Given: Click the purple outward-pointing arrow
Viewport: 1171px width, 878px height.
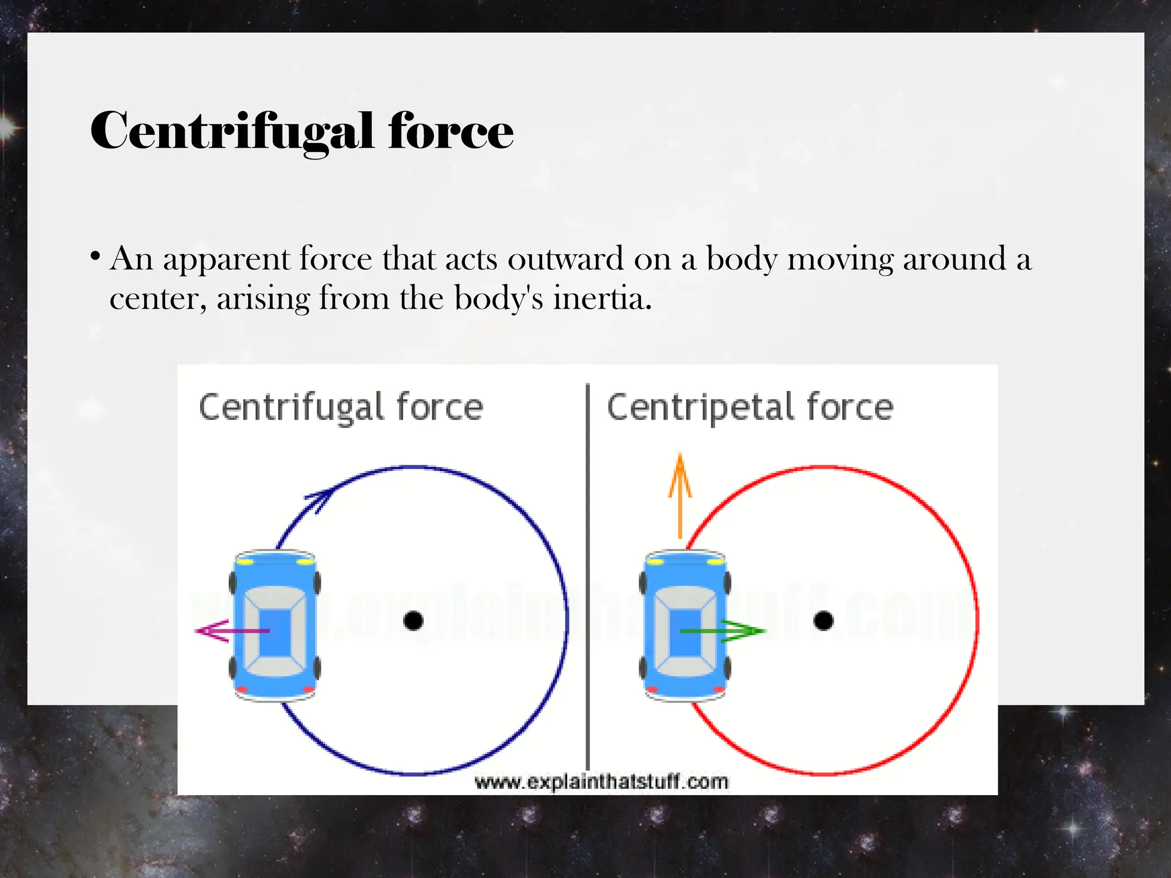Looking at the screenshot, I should (x=229, y=631).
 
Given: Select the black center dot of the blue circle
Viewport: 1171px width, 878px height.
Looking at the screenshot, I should (x=413, y=621).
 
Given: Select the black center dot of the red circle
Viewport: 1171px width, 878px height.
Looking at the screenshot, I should (x=823, y=621).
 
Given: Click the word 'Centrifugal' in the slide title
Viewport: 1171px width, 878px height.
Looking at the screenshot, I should (x=232, y=131).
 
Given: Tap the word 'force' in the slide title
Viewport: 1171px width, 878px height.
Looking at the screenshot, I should (x=451, y=131).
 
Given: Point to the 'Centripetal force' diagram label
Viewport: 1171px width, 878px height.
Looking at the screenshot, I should (x=750, y=408).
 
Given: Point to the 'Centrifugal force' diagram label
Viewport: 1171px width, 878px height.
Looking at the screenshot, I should (x=341, y=408).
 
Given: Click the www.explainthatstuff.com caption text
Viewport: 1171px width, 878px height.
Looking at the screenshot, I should (x=602, y=781).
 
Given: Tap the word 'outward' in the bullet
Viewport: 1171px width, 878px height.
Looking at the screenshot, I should (x=565, y=259).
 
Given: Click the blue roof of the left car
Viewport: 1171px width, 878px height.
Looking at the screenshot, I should (x=275, y=632).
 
